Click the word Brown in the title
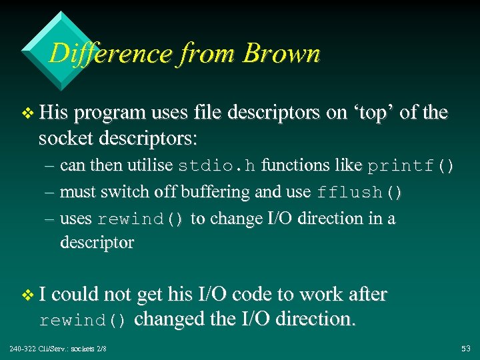tap(281, 53)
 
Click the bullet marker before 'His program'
tap(27, 114)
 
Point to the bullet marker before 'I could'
tap(27, 295)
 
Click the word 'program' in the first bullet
tap(109, 114)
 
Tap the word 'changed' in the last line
tap(170, 319)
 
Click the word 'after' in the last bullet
tap(363, 295)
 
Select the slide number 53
tap(465, 349)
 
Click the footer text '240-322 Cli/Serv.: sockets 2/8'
tap(58, 349)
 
